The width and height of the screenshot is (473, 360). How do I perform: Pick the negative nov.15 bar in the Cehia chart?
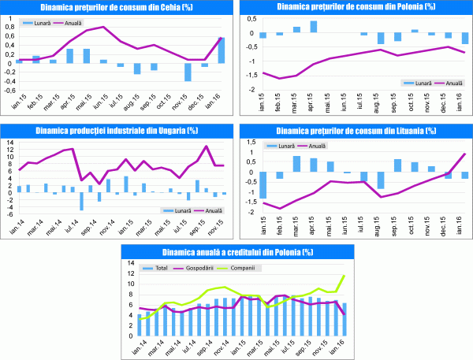[188, 71]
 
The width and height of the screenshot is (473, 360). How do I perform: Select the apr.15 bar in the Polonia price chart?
[313, 27]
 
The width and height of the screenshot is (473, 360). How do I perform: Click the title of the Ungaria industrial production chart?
[117, 129]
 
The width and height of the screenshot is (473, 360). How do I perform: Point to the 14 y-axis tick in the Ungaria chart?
[9, 140]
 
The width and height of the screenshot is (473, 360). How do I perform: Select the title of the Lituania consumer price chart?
[355, 129]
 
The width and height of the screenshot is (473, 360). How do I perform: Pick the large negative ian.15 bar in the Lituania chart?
[263, 186]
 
